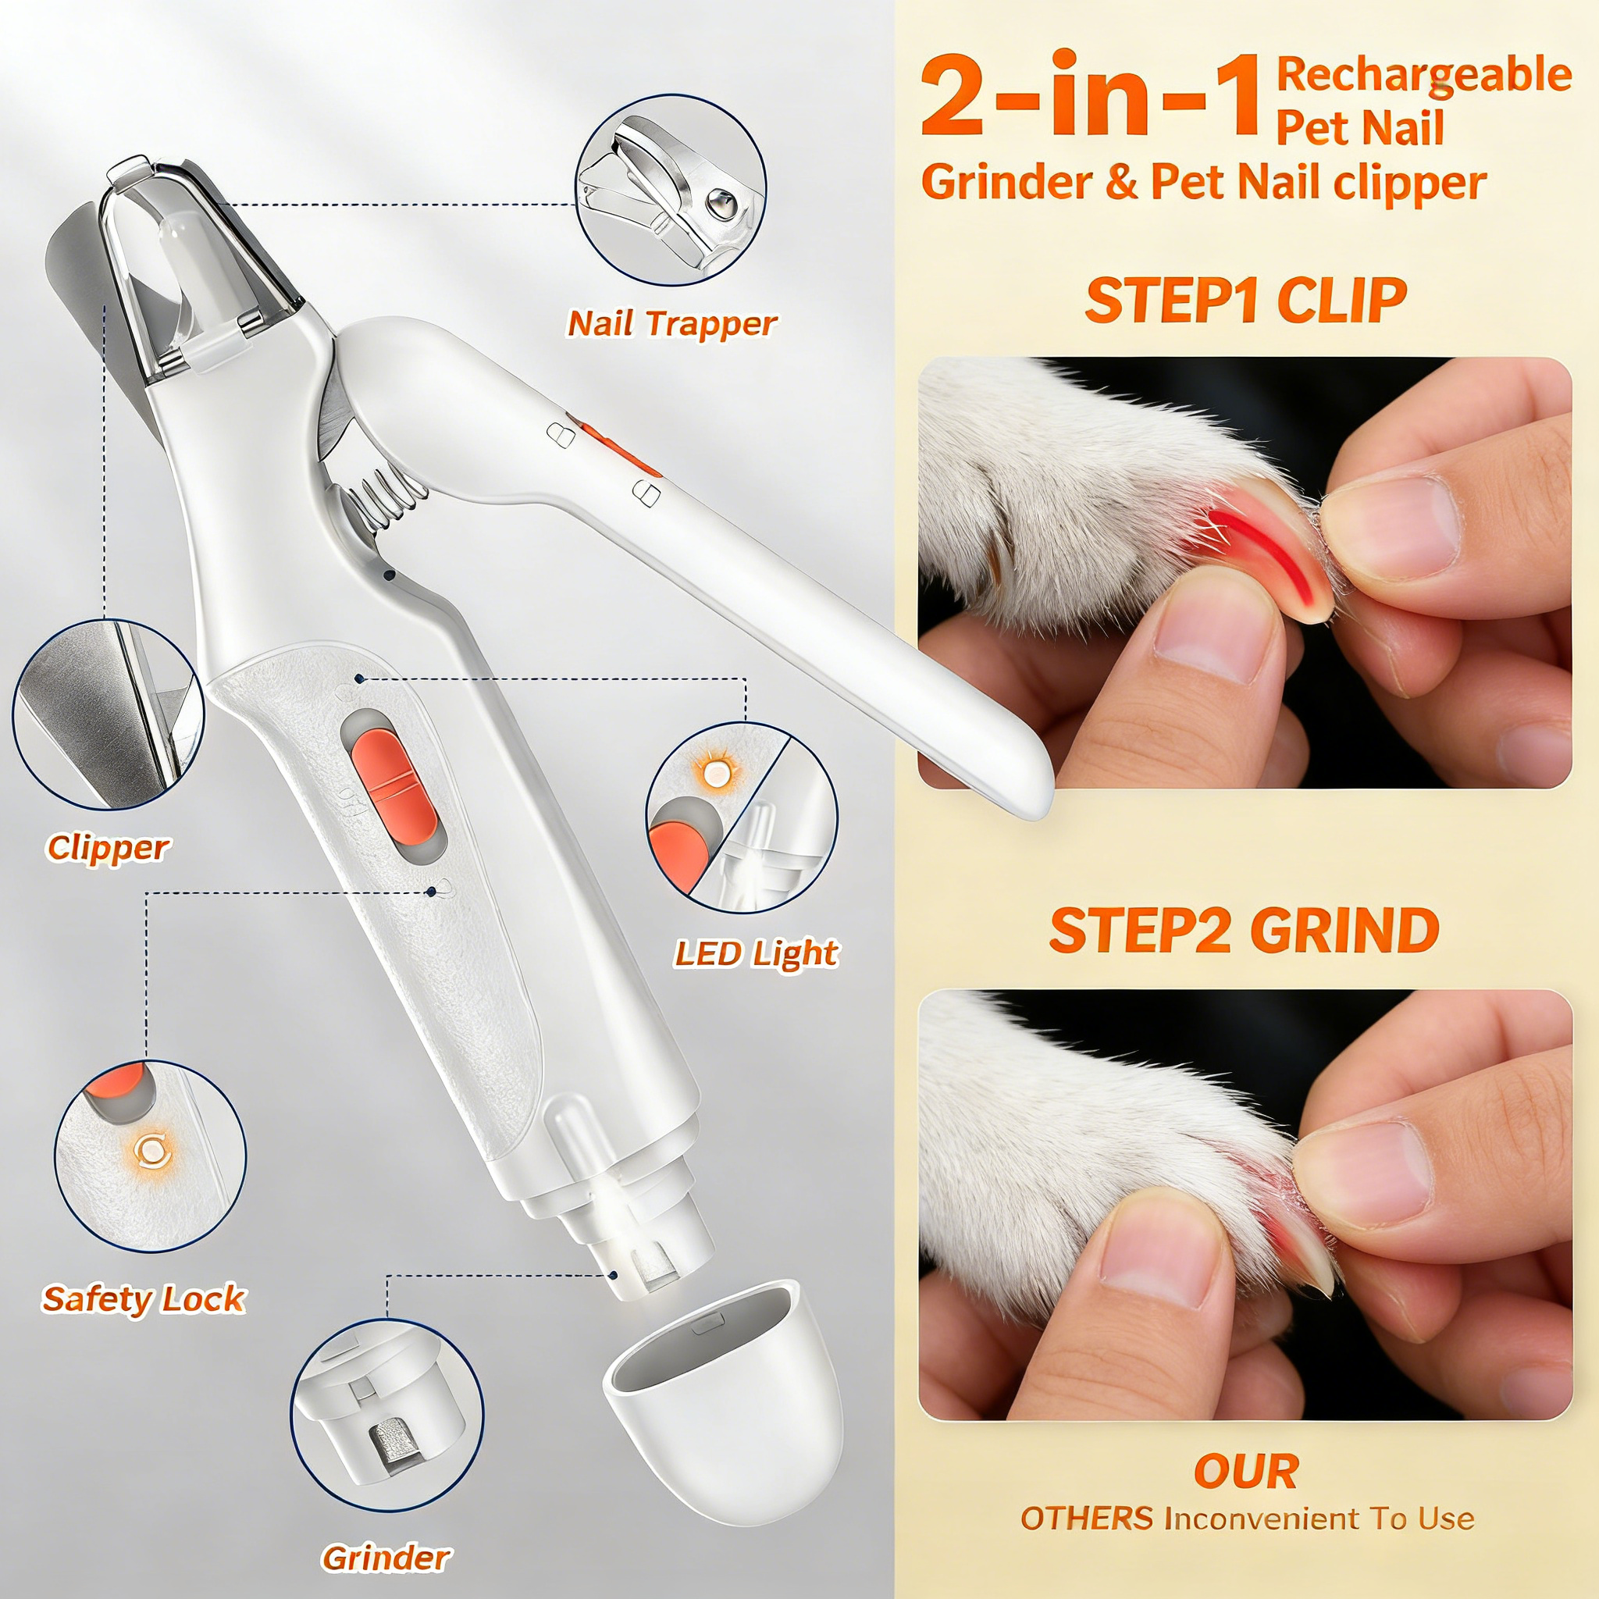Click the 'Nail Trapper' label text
(x=671, y=323)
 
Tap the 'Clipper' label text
(x=108, y=847)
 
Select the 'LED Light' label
(x=756, y=953)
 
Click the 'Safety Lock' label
(x=144, y=1298)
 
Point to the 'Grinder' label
(x=386, y=1558)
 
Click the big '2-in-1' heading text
(x=1091, y=98)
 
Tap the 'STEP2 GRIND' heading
(x=1244, y=930)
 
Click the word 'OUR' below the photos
(x=1245, y=1471)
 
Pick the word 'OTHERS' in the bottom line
(x=1086, y=1519)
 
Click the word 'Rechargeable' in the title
(x=1423, y=74)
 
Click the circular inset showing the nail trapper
(x=671, y=191)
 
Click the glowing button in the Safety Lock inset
(x=151, y=1150)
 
